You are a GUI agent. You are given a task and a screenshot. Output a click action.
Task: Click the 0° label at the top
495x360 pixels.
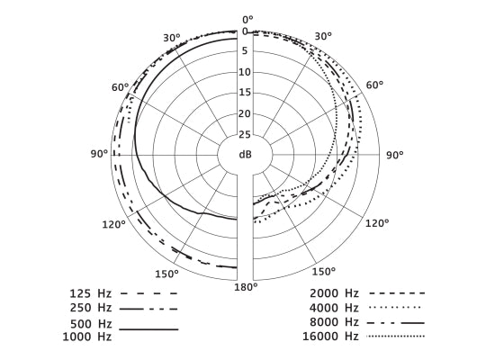[247, 20]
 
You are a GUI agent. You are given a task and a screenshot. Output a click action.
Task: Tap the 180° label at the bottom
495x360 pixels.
[246, 287]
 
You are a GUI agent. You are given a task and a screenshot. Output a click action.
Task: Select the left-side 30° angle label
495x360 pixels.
[172, 38]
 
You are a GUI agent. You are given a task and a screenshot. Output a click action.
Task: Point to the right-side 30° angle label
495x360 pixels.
[324, 36]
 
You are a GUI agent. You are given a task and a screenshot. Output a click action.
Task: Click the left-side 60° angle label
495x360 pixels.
[121, 87]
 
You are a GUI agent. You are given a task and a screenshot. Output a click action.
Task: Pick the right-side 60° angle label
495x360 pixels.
[375, 85]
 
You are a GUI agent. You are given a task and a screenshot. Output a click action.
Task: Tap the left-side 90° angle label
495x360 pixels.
[99, 154]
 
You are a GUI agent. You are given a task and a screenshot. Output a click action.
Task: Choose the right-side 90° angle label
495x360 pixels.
[395, 155]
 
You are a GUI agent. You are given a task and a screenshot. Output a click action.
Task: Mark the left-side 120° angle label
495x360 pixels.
[113, 224]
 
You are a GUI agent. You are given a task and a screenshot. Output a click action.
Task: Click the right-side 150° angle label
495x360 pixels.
[324, 272]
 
